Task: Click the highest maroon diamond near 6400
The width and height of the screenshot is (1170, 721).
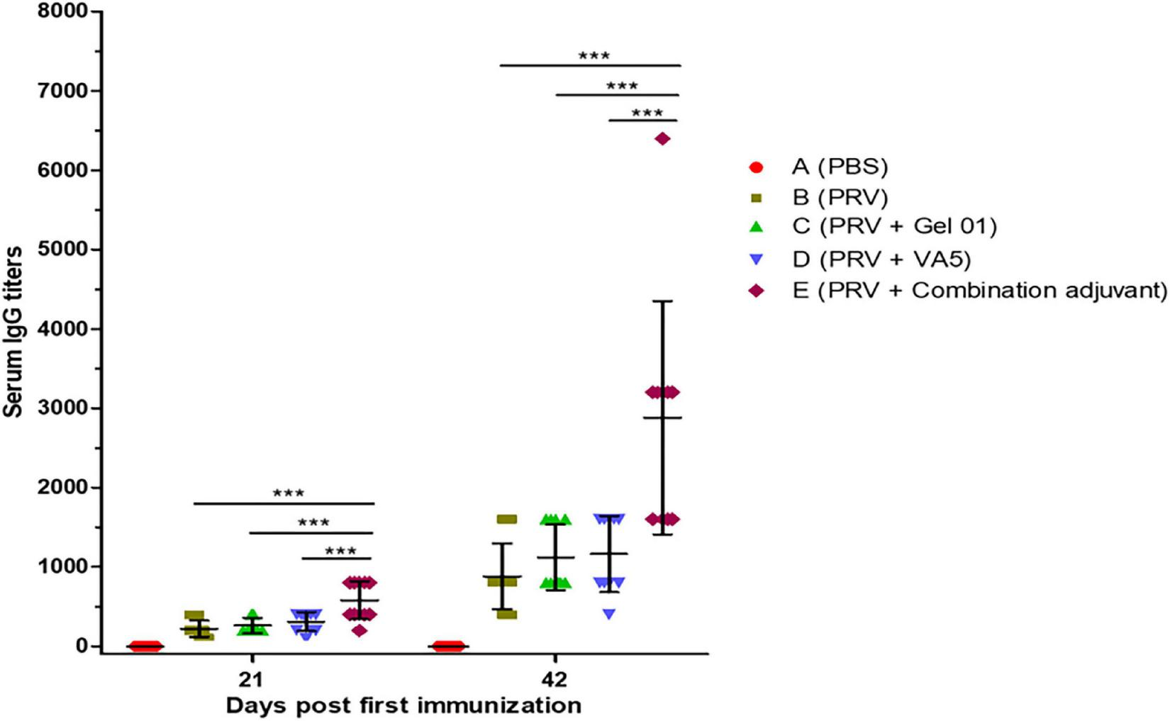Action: (x=662, y=139)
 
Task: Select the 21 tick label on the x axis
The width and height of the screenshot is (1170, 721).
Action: (x=250, y=679)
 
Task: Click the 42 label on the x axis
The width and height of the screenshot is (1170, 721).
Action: (x=555, y=679)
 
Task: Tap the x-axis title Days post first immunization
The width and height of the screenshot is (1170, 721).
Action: (x=403, y=706)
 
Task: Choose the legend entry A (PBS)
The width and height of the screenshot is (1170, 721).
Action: (x=840, y=167)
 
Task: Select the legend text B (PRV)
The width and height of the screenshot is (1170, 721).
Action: (x=840, y=196)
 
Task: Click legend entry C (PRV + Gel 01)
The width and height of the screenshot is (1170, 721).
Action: (x=894, y=226)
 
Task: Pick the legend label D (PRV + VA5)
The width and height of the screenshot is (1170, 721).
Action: (x=881, y=259)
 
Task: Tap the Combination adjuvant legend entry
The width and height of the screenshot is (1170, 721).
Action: (x=979, y=291)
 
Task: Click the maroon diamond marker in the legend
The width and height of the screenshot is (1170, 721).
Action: (x=757, y=291)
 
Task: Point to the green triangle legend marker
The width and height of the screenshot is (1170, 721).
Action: (x=757, y=227)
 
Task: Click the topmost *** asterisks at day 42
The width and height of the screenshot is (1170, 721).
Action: (x=594, y=56)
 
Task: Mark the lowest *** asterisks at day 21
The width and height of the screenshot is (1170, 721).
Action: (x=340, y=552)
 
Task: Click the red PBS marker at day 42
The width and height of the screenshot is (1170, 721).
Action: (x=448, y=646)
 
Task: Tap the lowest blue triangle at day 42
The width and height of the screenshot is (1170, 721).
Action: (x=609, y=614)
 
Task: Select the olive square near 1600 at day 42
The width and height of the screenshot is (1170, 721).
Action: (x=506, y=519)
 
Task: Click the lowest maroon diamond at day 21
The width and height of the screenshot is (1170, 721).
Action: (x=360, y=630)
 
